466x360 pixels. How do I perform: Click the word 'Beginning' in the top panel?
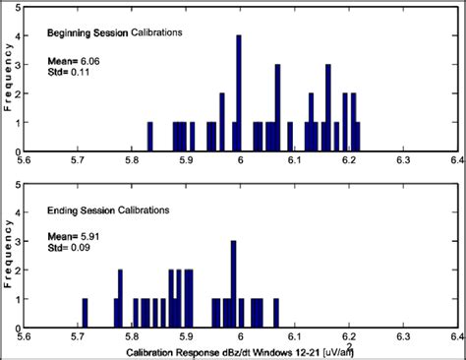pyautogui.click(x=70, y=31)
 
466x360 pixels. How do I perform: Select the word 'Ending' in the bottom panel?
pyautogui.click(x=63, y=210)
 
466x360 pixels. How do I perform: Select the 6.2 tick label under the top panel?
pyautogui.click(x=347, y=160)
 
